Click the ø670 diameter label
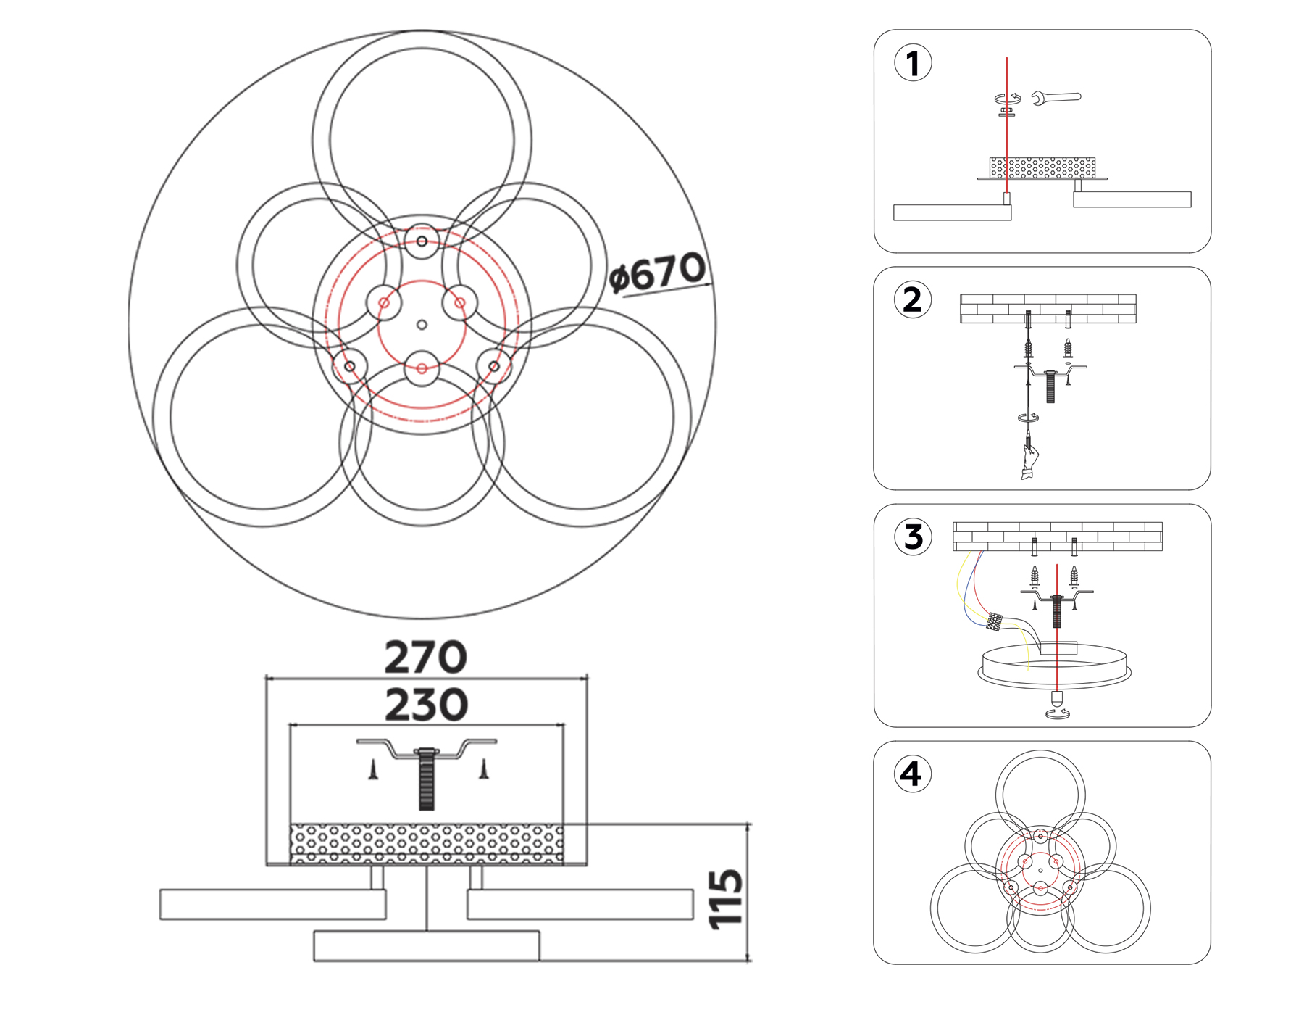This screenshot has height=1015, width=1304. coord(656,273)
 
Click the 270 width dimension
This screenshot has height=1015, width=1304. coord(425,657)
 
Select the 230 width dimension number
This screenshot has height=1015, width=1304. coord(426,705)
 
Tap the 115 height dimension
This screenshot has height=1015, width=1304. coord(726,899)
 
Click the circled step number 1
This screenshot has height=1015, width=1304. coord(913,63)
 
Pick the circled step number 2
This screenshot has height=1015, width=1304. coord(913,299)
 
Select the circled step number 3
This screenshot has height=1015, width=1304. coord(914,536)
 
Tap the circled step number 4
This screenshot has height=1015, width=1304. coord(912,774)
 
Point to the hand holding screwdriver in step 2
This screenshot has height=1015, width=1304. coord(1029,462)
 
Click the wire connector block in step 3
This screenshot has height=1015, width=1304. coord(995,621)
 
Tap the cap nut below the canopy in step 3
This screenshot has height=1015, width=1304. coord(1057,700)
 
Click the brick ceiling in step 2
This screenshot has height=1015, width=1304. coord(1048,308)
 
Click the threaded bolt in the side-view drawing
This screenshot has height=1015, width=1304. coord(426,779)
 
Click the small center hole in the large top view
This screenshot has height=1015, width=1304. coord(422,325)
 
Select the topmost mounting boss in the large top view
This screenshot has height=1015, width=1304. coord(422,241)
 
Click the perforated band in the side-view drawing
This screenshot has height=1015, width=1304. coord(426,843)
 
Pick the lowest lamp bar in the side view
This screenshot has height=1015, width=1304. coord(426,945)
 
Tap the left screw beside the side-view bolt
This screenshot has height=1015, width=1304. coord(373,769)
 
